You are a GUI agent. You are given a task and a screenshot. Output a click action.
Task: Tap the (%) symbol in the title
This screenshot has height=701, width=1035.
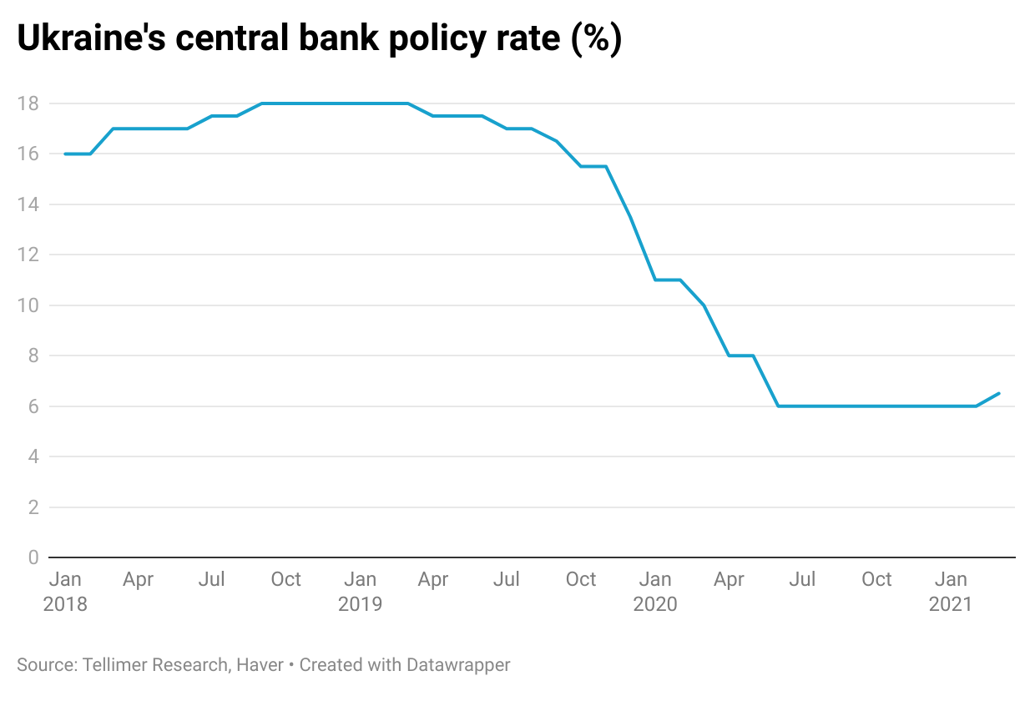point(596,40)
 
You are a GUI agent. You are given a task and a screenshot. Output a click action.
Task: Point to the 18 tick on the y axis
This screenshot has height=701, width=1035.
point(28,103)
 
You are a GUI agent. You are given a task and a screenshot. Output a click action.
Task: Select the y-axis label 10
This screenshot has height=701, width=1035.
point(28,305)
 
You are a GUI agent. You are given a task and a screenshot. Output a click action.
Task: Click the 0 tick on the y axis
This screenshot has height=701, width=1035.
point(33,557)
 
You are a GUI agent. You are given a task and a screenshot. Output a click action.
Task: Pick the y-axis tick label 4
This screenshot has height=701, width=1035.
point(33,456)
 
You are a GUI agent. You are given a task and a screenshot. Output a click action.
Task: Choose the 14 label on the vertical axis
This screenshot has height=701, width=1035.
point(28,204)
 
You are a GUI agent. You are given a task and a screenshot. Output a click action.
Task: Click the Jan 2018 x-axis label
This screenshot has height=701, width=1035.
point(65,591)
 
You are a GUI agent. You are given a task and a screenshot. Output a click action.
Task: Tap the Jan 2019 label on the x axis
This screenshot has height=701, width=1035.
point(361,591)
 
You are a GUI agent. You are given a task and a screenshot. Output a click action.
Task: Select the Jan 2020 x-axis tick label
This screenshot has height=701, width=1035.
point(655,591)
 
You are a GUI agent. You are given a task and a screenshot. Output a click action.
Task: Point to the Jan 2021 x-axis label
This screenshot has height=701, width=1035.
point(951,591)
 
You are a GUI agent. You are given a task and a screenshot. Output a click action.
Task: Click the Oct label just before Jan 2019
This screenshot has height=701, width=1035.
point(285,579)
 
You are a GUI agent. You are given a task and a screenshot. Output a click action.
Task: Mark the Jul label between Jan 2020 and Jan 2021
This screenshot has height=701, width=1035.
point(802,579)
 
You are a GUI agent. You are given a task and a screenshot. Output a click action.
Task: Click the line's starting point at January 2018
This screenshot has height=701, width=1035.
point(65,154)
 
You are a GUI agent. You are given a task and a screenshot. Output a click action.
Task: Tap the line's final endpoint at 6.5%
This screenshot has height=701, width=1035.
point(999,393)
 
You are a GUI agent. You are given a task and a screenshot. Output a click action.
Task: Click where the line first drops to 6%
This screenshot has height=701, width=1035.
point(778,406)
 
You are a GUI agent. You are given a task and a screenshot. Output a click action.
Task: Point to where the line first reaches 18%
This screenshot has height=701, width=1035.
point(262,103)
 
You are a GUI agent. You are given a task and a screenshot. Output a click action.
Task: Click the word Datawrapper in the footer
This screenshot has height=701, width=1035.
point(458,665)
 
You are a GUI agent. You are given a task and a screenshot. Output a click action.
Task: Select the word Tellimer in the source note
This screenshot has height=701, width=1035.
point(112,665)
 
